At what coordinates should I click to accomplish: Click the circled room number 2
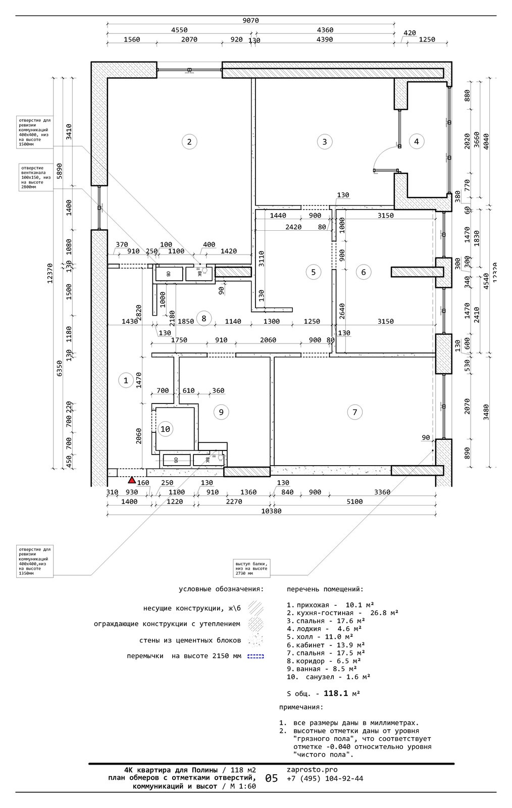pos(189,141)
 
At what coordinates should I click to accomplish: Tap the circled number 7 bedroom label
pos(355,412)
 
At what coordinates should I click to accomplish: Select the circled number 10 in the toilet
pos(165,429)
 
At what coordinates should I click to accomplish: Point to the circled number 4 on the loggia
pos(416,141)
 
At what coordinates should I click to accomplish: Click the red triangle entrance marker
pos(131,480)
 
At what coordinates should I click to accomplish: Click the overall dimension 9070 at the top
pos(250,21)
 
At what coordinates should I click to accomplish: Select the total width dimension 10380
pos(272,511)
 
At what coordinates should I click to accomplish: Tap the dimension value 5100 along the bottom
pos(355,501)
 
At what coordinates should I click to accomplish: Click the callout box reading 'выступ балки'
pos(251,568)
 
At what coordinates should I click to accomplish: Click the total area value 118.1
pos(336,693)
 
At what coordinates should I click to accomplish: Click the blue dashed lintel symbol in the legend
pos(255,656)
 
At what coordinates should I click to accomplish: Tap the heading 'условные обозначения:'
pos(221,589)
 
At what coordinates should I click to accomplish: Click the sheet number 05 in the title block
pos(271,778)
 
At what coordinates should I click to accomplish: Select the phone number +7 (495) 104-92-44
pos(325,778)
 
